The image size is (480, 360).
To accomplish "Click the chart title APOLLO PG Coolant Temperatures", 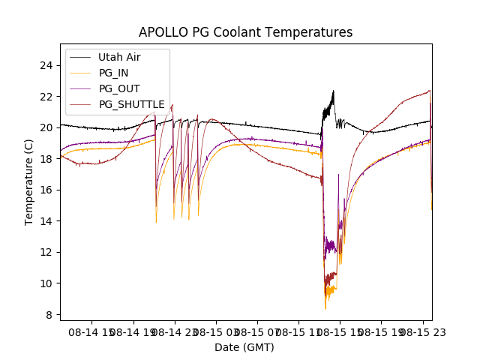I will [245, 32].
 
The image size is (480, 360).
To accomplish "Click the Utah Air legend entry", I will [119, 57].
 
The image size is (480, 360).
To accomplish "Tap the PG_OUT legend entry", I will [118, 88].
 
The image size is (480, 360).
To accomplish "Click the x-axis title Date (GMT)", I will [244, 347].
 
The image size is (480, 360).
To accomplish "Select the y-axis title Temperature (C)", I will [29, 181].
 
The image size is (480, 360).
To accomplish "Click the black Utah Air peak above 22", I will [333, 91].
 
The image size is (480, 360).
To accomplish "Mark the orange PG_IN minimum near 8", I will [325, 308].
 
